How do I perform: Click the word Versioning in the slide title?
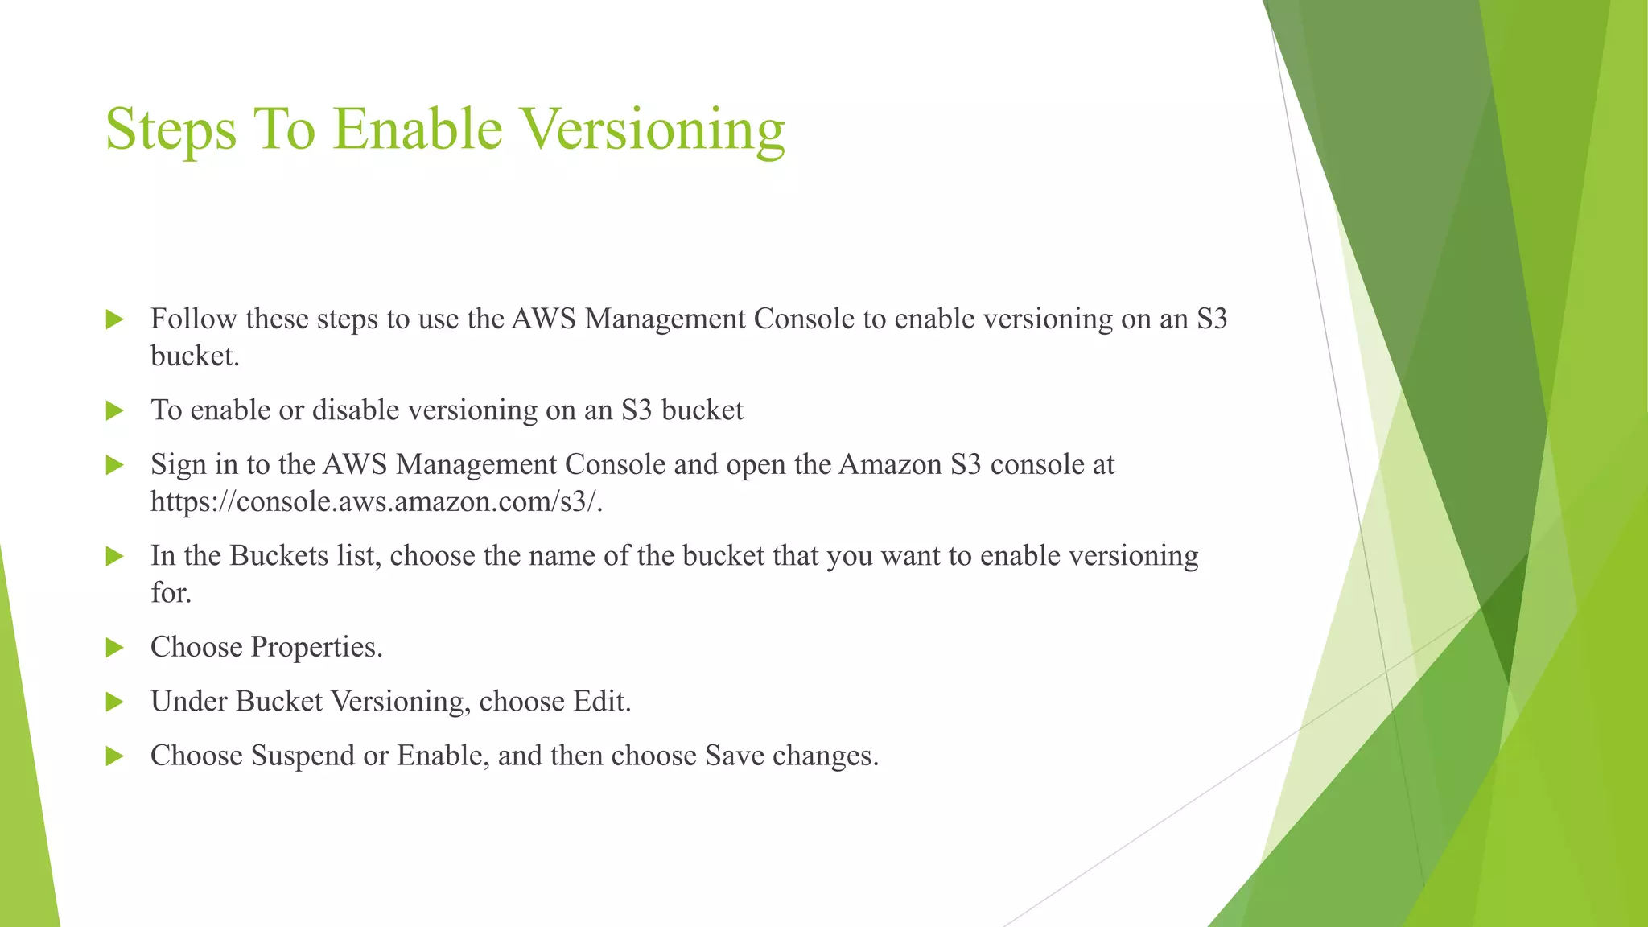pyautogui.click(x=651, y=130)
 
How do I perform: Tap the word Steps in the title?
pyautogui.click(x=171, y=130)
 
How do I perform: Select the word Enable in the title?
pyautogui.click(x=418, y=129)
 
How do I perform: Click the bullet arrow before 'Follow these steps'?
pyautogui.click(x=114, y=319)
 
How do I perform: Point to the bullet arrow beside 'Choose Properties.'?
pyautogui.click(x=114, y=648)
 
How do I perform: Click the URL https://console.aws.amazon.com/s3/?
pyautogui.click(x=377, y=502)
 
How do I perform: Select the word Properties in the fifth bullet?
pyautogui.click(x=316, y=648)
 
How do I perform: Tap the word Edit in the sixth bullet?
pyautogui.click(x=601, y=702)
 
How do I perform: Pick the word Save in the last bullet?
pyautogui.click(x=734, y=756)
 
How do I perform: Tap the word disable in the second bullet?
pyautogui.click(x=356, y=410)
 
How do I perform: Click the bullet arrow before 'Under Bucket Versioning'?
pyautogui.click(x=114, y=702)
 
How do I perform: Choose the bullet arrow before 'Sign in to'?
pyautogui.click(x=114, y=465)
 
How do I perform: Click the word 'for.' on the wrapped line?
pyautogui.click(x=171, y=593)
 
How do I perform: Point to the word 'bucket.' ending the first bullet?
pyautogui.click(x=195, y=356)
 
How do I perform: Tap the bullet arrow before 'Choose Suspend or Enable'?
pyautogui.click(x=114, y=756)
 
